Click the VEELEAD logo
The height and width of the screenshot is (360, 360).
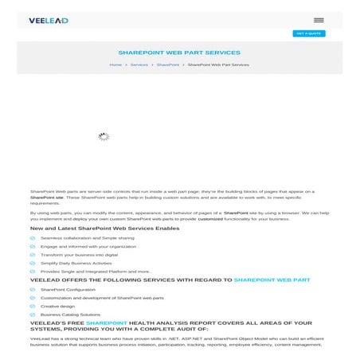click(49, 20)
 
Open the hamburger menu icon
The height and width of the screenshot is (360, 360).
click(319, 20)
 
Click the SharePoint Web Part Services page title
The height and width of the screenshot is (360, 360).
click(179, 53)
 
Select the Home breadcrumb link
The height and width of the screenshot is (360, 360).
click(115, 65)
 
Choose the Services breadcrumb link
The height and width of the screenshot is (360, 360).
click(139, 65)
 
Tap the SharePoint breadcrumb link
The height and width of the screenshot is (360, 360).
click(168, 65)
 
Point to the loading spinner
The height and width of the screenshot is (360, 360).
click(104, 136)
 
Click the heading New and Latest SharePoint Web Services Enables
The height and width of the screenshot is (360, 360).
click(104, 229)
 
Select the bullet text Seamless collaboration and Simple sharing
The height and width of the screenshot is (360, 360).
click(88, 237)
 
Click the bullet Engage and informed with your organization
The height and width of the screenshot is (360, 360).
click(88, 246)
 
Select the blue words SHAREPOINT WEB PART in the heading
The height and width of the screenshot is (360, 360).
click(272, 280)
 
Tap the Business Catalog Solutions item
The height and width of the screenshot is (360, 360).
click(71, 315)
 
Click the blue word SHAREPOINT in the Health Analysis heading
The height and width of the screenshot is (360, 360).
click(107, 323)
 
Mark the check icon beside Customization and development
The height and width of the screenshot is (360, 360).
click(33, 298)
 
